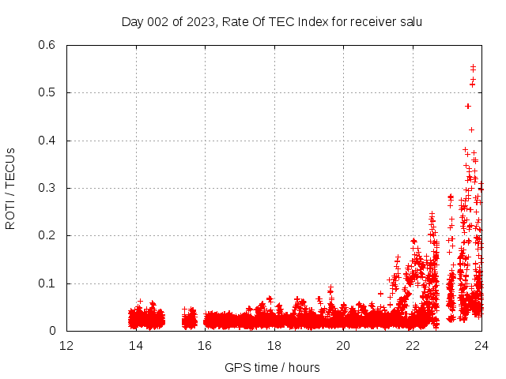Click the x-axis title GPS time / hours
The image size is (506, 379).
pos(272,367)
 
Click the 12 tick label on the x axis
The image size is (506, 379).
pos(66,346)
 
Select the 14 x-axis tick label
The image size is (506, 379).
pos(136,346)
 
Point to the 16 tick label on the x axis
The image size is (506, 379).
pos(205,346)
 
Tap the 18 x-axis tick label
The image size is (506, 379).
pos(274,346)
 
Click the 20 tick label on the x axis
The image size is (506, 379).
pos(343,346)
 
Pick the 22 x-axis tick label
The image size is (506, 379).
pos(413,346)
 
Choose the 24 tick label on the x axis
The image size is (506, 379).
pos(481,346)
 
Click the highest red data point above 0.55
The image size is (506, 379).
pos(473,66)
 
